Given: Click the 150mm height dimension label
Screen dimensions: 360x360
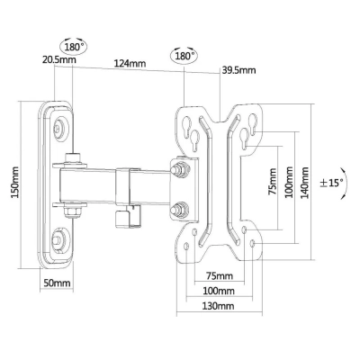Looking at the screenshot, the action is (15, 183).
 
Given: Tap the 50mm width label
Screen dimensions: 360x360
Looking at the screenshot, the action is (57, 283).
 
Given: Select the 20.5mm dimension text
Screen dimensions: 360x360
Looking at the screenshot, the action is (58, 59).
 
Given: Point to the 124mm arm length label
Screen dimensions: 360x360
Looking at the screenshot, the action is (130, 64).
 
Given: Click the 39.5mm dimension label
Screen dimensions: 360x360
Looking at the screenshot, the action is (238, 70).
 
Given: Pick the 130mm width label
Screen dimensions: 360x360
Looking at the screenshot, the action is (218, 306).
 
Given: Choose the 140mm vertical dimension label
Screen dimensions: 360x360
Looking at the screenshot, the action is (304, 183).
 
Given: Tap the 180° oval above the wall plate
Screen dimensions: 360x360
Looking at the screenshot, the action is (74, 47).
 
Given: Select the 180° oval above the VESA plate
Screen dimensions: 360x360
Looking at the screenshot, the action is (184, 56).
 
